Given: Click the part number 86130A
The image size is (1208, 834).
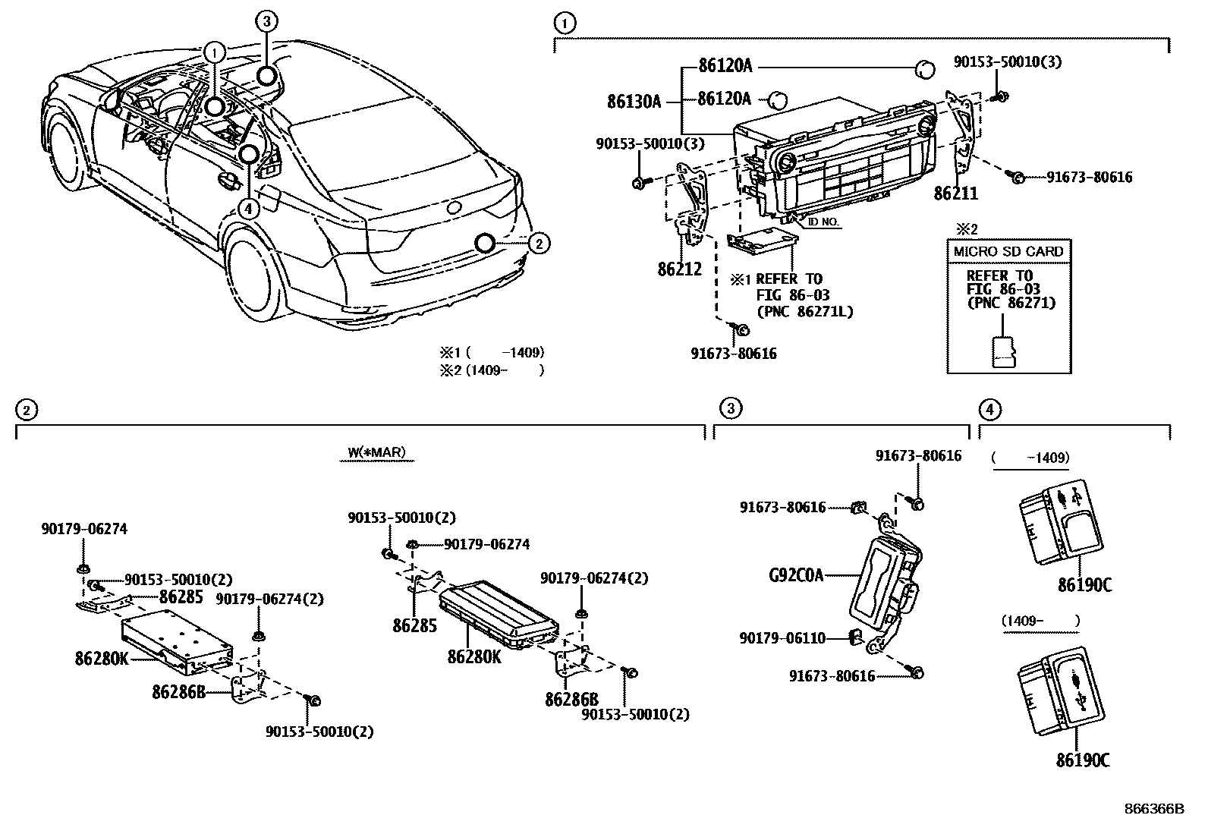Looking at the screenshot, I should click(634, 101).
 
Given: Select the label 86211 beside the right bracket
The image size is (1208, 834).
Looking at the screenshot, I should click(955, 194).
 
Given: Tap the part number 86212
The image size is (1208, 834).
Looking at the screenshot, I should click(679, 269).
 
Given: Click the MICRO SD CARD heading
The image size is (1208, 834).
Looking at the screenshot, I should click(1008, 251).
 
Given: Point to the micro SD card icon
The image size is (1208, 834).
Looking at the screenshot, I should click(1005, 351).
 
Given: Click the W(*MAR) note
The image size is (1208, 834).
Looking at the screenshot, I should click(377, 453).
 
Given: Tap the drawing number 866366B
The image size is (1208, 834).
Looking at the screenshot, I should click(1153, 809).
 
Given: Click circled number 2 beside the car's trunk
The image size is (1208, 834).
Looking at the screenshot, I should click(538, 243).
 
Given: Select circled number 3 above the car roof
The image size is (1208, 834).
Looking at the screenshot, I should click(266, 21).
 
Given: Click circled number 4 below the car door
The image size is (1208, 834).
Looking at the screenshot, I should click(250, 206).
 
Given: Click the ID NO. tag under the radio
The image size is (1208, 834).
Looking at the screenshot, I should click(823, 222).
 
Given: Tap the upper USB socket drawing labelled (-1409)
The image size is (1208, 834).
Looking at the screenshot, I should click(1060, 521).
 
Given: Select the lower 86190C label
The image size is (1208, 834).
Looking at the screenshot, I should click(1082, 760).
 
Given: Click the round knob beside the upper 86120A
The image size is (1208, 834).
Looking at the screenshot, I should click(924, 69).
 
